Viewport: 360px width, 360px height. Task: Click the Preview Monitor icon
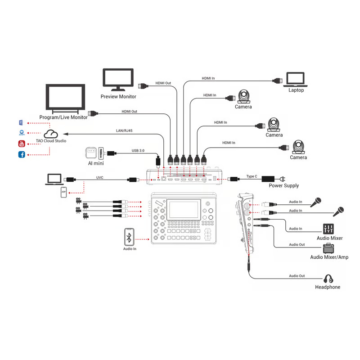point(118,79)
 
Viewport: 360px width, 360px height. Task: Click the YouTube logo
point(21,144)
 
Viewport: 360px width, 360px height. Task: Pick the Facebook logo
point(21,155)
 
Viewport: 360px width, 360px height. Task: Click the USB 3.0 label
point(138,151)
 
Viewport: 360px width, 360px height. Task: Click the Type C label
point(252,176)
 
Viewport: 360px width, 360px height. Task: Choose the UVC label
point(100,178)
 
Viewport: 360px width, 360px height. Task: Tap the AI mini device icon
point(91,153)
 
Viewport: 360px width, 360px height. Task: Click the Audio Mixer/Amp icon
point(328,248)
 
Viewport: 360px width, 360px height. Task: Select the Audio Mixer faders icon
point(328,229)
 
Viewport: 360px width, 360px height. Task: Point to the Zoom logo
point(21,133)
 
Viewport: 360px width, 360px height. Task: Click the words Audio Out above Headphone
point(297,276)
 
